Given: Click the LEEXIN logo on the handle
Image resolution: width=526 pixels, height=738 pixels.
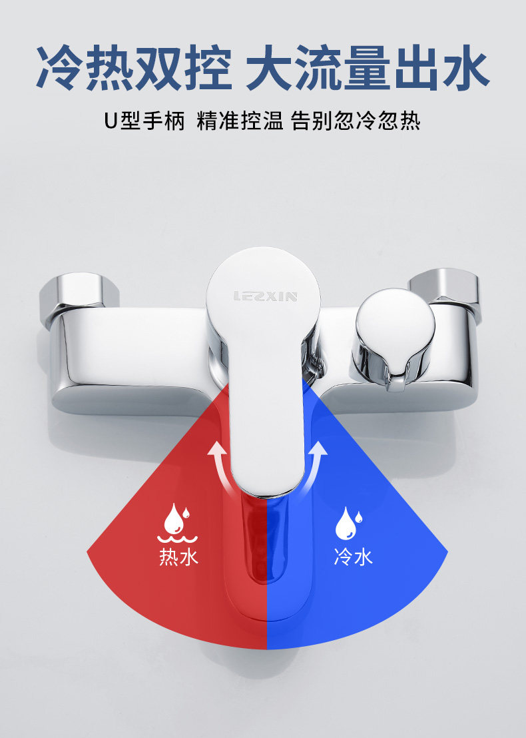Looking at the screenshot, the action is [265, 296].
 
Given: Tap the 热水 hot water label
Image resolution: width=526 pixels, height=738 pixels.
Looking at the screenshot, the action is [178, 556].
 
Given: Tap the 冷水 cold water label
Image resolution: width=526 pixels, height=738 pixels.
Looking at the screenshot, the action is [353, 556].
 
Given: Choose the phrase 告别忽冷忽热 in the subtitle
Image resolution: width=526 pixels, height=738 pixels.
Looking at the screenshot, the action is [356, 123].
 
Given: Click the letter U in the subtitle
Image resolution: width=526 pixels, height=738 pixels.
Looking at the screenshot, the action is [111, 123].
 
